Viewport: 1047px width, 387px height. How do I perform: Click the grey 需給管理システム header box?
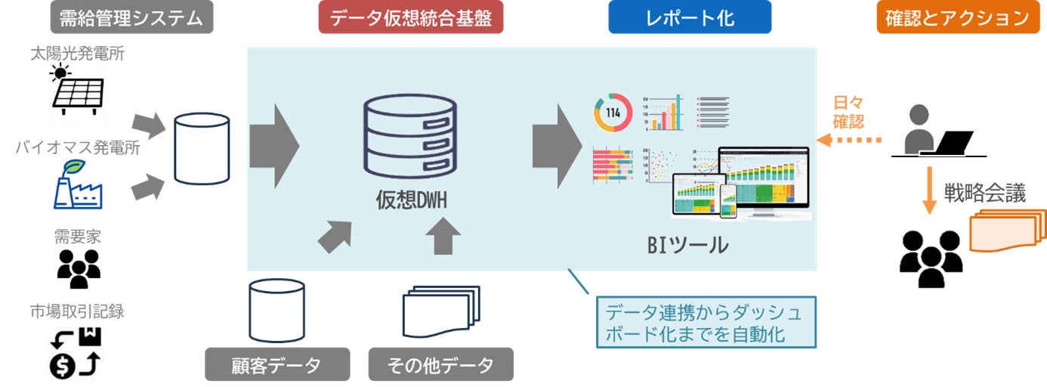point(131,17)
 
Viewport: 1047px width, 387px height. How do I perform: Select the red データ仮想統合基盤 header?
point(411,17)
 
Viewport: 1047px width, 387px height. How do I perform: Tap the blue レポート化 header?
point(690,17)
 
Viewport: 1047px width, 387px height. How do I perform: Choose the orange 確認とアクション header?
point(953,17)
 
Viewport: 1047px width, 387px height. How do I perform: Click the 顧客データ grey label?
point(277,365)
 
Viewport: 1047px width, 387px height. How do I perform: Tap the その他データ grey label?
point(440,365)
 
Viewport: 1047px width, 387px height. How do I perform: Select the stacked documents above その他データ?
point(441,311)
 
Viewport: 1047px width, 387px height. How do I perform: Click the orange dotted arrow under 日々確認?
point(849,140)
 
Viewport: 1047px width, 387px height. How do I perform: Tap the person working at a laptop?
point(937,132)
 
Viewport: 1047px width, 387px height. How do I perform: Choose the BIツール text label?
point(687,244)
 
